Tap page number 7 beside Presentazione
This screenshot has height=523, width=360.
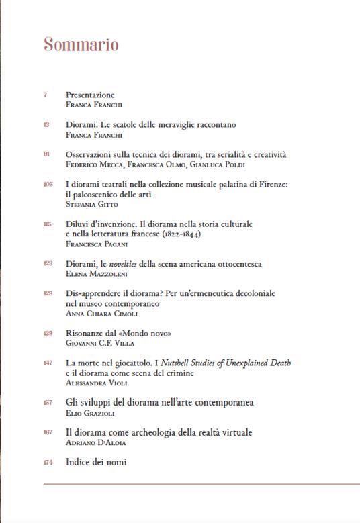(x=45, y=95)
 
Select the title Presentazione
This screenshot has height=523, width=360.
(x=90, y=95)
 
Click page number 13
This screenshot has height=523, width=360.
(x=46, y=125)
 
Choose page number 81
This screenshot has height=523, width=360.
(x=46, y=154)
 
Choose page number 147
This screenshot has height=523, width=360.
(x=47, y=363)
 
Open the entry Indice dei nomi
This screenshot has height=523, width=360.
(x=96, y=462)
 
